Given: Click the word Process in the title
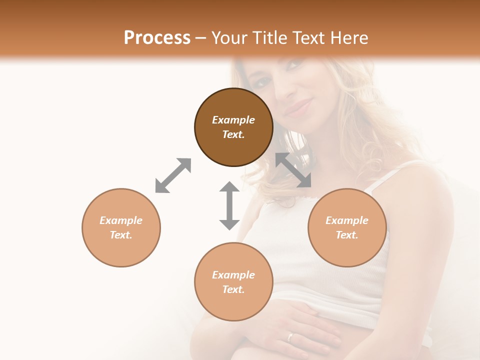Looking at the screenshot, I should (157, 38).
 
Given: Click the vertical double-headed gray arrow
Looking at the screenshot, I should (229, 205).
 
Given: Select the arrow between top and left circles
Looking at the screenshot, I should (173, 175).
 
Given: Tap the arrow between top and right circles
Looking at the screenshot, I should (293, 170).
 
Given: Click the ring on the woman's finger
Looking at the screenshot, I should (290, 336).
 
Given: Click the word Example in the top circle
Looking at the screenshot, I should (233, 120).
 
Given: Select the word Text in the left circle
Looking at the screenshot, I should (120, 235).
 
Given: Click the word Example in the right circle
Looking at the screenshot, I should (347, 220).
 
